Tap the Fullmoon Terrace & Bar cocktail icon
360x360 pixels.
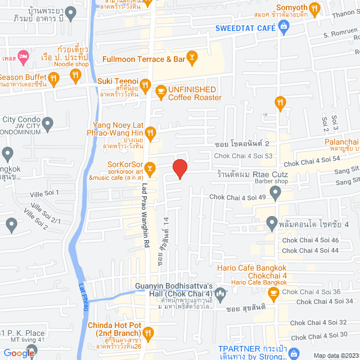pyautogui.click(x=192, y=57)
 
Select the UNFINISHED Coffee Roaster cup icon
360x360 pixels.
pyautogui.click(x=160, y=90)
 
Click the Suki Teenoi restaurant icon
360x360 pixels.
pyautogui.click(x=145, y=84)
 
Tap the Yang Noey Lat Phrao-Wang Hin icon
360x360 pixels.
pyautogui.click(x=150, y=133)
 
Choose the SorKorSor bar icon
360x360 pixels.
pyautogui.click(x=150, y=166)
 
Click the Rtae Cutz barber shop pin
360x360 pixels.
pyautogui.click(x=275, y=193)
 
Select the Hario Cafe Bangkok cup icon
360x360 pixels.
pyautogui.click(x=273, y=292)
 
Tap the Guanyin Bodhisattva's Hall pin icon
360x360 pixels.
pyautogui.click(x=220, y=292)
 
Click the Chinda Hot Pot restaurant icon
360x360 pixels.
pyautogui.click(x=148, y=332)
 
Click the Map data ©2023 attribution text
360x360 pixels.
pyautogui.click(x=335, y=355)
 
